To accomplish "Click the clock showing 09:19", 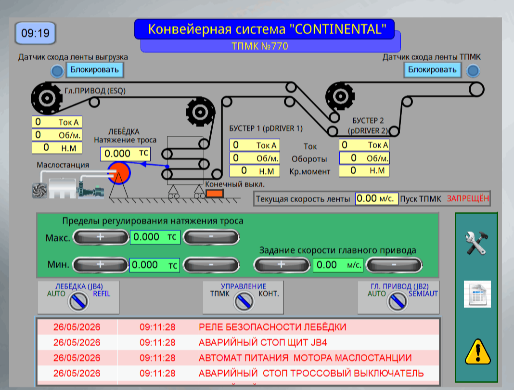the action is tap(36, 33).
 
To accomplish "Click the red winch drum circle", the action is tap(119, 173).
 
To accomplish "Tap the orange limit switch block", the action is tap(215, 194).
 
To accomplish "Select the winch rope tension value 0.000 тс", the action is tap(125, 154).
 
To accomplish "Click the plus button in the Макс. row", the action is tap(100, 237).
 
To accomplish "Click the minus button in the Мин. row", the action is tap(211, 265).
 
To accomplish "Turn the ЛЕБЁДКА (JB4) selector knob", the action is tap(78, 301).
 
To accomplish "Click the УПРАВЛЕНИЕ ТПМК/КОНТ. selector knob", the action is tap(244, 301).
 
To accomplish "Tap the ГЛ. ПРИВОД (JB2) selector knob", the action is tap(398, 301).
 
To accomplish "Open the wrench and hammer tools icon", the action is tap(477, 243).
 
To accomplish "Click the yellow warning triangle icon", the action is tap(477, 351).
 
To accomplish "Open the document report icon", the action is tap(477, 294).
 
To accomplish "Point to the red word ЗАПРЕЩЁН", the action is tap(468, 198).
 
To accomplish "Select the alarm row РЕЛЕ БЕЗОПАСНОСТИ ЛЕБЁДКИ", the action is tap(238, 327).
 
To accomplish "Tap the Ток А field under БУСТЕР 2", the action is tap(364, 145).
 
